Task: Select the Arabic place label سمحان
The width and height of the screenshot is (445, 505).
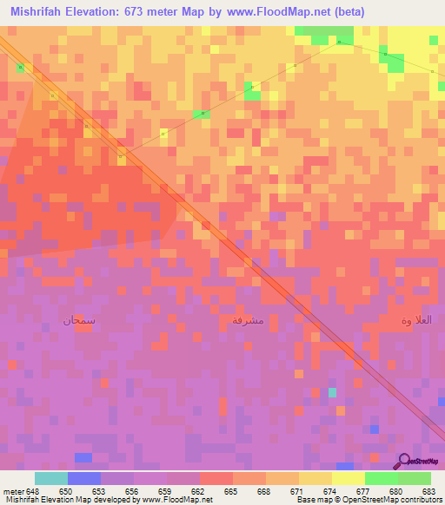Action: coord(78,320)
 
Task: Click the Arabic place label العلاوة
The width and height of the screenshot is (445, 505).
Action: coord(415,321)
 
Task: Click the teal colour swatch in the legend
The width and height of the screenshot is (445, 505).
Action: coord(51,478)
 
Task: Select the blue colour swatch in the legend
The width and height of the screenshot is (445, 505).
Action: coord(84,478)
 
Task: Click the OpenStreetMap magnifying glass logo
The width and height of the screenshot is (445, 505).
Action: coord(404,461)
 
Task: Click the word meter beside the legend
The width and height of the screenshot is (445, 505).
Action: coord(13,490)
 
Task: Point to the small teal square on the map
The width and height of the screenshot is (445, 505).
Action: coord(332,392)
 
